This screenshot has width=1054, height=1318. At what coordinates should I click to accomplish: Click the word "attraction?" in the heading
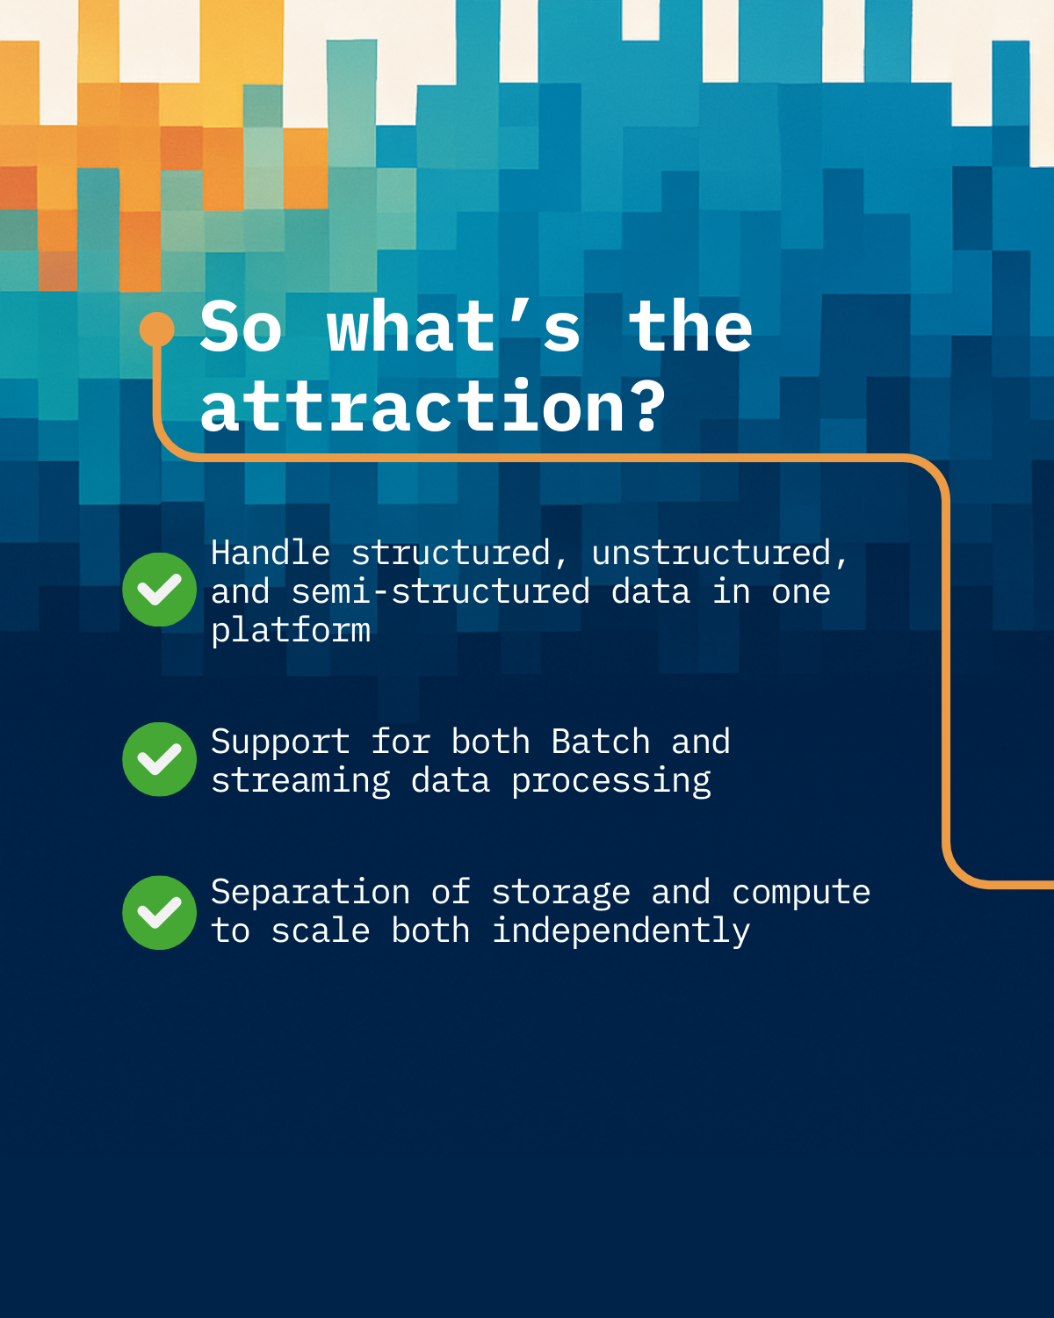click(432, 405)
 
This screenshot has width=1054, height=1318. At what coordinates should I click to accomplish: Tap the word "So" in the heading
click(241, 327)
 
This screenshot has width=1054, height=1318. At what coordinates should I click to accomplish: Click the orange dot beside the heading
click(157, 329)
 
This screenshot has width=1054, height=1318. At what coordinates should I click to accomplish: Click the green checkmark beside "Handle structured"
click(159, 590)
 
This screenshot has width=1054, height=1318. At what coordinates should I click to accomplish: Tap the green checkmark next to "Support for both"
click(159, 759)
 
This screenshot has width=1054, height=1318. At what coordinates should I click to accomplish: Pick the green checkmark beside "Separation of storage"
click(159, 913)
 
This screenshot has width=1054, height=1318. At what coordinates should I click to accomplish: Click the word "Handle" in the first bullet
click(270, 553)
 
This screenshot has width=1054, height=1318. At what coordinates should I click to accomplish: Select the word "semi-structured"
click(440, 591)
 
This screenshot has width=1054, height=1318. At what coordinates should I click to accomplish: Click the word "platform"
click(291, 631)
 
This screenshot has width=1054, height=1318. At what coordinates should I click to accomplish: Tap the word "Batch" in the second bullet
click(600, 742)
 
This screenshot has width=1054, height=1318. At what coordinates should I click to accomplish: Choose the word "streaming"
click(300, 781)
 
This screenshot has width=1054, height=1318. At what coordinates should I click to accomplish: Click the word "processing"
click(611, 781)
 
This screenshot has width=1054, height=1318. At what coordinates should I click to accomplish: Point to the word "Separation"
click(311, 893)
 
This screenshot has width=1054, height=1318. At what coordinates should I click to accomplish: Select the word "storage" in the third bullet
click(561, 893)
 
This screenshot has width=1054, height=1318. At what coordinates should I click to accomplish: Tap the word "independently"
click(621, 931)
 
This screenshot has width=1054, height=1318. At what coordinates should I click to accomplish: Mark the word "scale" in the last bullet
click(321, 931)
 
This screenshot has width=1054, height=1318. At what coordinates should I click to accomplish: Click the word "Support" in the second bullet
click(280, 742)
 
